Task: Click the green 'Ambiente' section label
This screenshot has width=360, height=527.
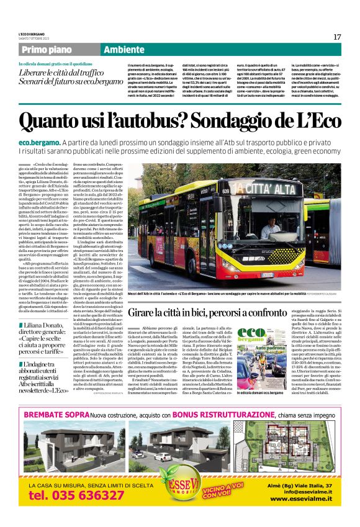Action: [x=124, y=50]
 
